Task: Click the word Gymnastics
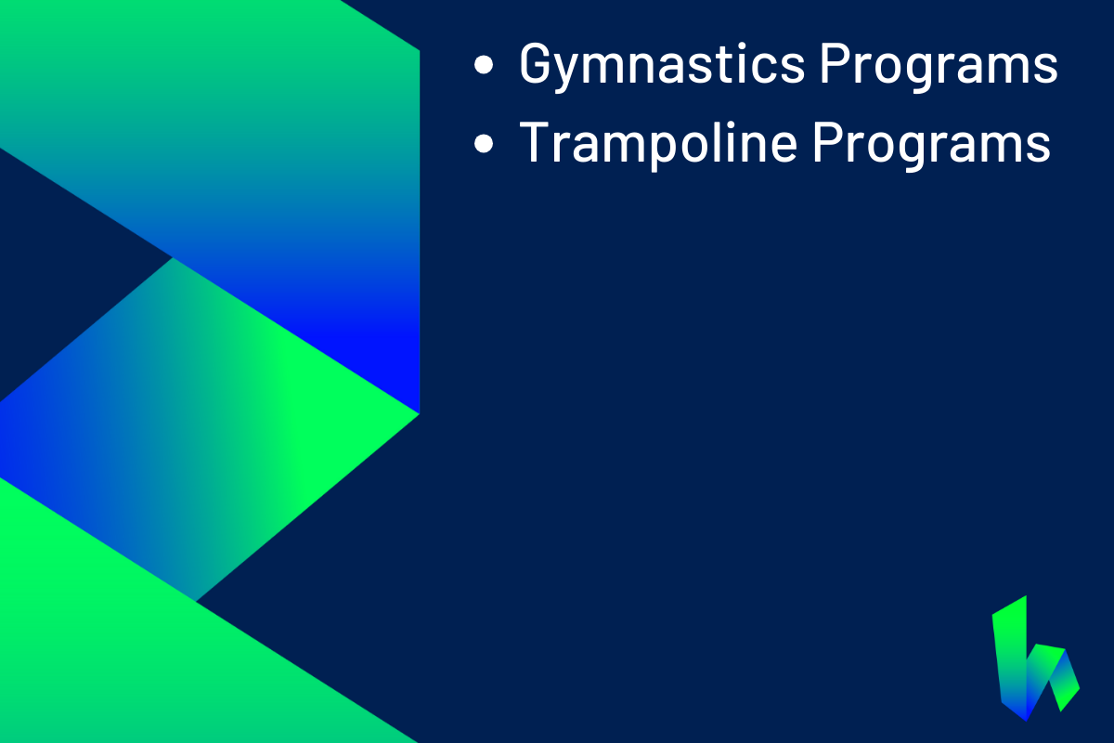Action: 661,65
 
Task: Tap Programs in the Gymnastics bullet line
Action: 939,65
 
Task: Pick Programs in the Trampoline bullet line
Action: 931,143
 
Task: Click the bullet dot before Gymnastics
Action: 484,65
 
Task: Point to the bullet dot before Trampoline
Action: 484,143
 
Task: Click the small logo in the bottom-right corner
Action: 1035,658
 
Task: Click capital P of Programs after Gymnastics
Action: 835,63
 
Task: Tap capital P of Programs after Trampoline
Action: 828,141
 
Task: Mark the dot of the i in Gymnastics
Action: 744,46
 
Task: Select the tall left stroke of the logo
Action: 1011,658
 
